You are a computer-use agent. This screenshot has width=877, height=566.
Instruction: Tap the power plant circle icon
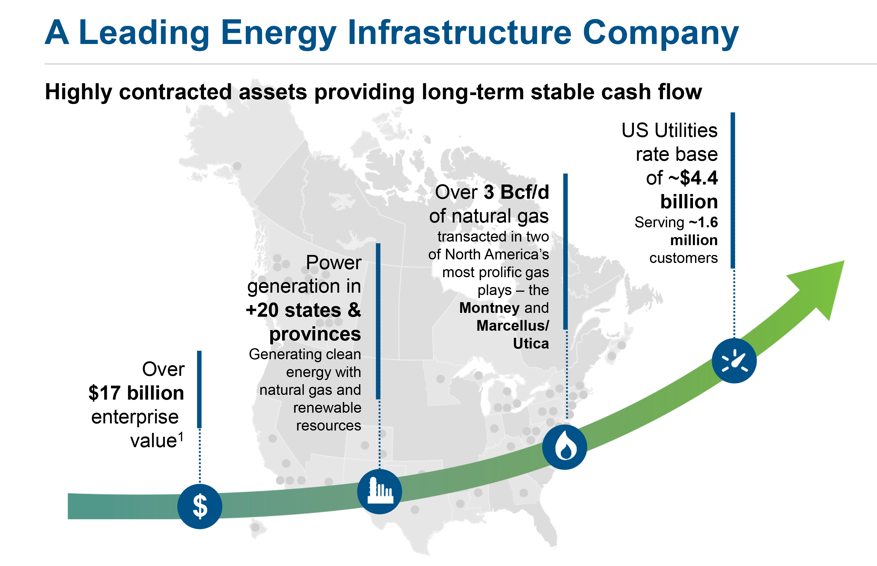(380, 491)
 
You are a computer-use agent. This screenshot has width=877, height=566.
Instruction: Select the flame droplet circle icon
(564, 447)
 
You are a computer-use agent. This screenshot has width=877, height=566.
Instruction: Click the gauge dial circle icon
(734, 361)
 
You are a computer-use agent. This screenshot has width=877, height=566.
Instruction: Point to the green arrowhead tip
(844, 261)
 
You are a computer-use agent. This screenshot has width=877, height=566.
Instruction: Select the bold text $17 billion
(136, 393)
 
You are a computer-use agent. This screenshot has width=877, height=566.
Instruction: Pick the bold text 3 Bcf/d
(516, 192)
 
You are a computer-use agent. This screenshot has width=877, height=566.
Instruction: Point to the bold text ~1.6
(703, 222)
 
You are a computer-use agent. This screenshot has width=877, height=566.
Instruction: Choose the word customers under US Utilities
(683, 258)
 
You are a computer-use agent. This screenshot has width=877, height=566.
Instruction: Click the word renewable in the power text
(327, 408)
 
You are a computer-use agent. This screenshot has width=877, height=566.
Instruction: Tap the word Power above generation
(334, 262)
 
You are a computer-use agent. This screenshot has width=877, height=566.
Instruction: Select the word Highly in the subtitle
(78, 92)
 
